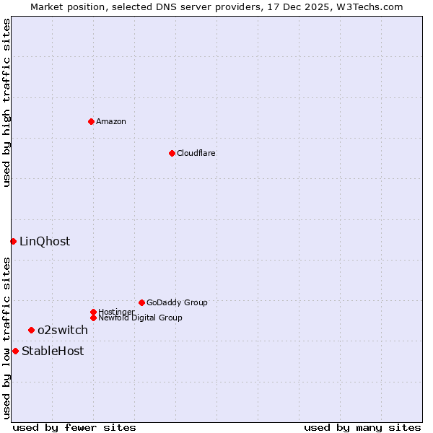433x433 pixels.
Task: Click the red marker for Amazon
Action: pos(91,121)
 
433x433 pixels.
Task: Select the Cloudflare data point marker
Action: pos(172,153)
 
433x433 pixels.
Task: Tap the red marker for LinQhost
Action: pos(13,241)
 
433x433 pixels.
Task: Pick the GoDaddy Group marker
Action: pos(141,302)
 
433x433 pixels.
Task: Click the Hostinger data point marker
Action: pos(93,312)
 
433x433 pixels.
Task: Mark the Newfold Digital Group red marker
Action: pos(93,318)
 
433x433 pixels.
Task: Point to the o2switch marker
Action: pos(31,330)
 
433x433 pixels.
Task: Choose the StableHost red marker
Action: pos(15,351)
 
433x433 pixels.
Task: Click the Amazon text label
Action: pos(111,121)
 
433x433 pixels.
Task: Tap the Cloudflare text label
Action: pos(196,153)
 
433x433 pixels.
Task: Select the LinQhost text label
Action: pos(45,241)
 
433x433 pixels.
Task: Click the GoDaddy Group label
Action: pos(177,302)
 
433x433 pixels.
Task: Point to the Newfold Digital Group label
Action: pos(140,318)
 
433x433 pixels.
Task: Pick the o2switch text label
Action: pos(63,330)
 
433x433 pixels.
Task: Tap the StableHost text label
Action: pos(53,351)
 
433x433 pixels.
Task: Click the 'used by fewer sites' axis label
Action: pos(74,427)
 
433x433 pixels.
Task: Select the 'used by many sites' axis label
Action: pos(362,427)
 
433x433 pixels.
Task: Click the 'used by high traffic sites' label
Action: pos(6,102)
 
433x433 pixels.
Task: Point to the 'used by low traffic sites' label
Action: pos(6,338)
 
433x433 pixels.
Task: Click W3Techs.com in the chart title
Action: pos(367,6)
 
